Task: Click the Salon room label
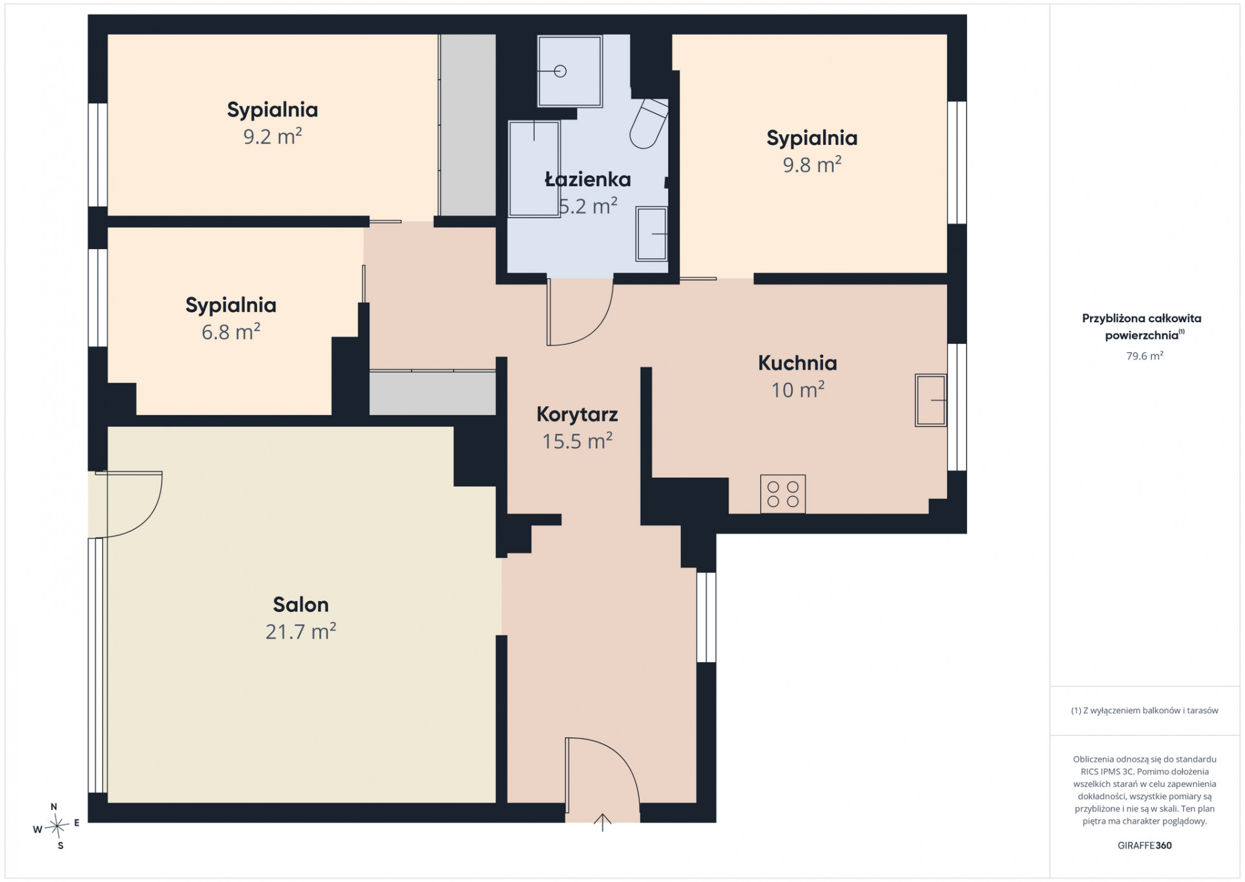point(300,604)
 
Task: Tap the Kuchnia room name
point(797,363)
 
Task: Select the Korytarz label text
point(577,414)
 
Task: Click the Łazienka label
point(587,179)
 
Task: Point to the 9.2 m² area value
point(273,136)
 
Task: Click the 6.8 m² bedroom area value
point(231,332)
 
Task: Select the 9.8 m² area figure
point(812,165)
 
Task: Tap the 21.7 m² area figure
point(300,631)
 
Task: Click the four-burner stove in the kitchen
point(783,494)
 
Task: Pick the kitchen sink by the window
point(931,400)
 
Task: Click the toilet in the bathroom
point(649,123)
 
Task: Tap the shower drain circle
point(560,71)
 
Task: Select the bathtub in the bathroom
point(534,169)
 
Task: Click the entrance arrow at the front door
point(602,822)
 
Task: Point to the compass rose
point(57,826)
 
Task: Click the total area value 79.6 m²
point(1145,356)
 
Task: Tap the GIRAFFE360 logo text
point(1145,845)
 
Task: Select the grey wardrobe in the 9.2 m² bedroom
point(467,125)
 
